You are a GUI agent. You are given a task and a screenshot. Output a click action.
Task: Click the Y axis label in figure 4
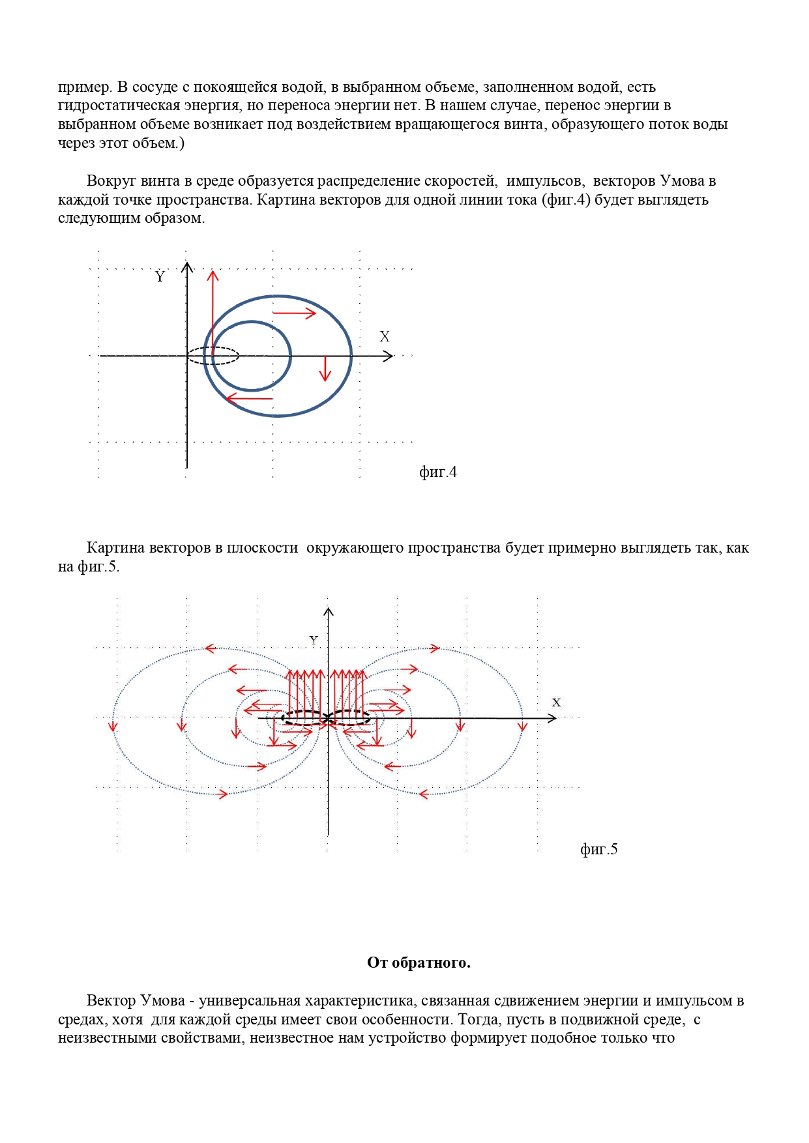pyautogui.click(x=160, y=277)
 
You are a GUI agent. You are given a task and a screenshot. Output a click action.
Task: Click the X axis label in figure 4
pyautogui.click(x=385, y=337)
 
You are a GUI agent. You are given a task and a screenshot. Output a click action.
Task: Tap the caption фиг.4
pyautogui.click(x=437, y=472)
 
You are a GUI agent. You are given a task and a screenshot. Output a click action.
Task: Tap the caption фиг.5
pyautogui.click(x=598, y=849)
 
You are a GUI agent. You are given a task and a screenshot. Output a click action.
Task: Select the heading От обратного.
pyautogui.click(x=419, y=962)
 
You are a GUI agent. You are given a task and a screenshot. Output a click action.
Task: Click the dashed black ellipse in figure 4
pyautogui.click(x=213, y=356)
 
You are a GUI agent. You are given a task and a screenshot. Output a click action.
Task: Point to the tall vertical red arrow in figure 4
pyautogui.click(x=213, y=313)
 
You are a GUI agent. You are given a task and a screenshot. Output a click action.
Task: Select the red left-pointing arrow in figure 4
pyautogui.click(x=249, y=398)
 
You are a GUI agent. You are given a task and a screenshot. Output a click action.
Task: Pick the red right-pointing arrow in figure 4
pyautogui.click(x=294, y=313)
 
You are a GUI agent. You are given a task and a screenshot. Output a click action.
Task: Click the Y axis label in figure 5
pyautogui.click(x=314, y=641)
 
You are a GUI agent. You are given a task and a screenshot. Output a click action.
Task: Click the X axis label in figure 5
pyautogui.click(x=556, y=702)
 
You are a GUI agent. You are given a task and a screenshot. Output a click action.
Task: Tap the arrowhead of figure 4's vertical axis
pyautogui.click(x=188, y=267)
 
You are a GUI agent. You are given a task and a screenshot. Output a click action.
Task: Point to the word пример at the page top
pyautogui.click(x=84, y=87)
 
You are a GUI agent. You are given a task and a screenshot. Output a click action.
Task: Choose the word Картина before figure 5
pyautogui.click(x=115, y=548)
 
